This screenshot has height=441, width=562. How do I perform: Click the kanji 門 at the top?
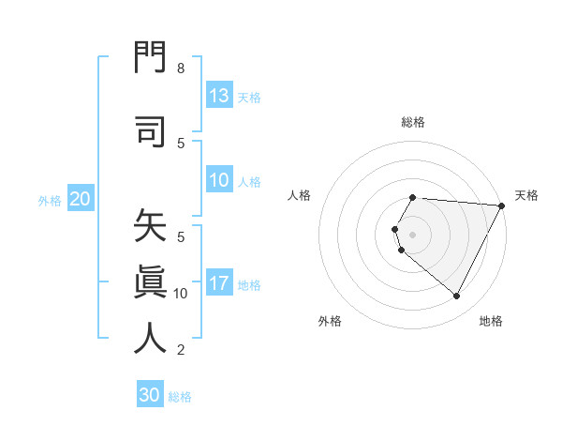[150, 59]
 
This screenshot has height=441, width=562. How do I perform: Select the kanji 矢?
[150, 228]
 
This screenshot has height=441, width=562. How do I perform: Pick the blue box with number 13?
[219, 96]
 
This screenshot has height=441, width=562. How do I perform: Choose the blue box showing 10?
[219, 181]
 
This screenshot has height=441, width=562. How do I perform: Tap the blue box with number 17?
[219, 284]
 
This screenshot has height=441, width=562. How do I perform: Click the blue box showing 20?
[80, 199]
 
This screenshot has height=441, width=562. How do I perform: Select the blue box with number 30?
[150, 395]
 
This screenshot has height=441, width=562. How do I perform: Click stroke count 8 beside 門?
[181, 68]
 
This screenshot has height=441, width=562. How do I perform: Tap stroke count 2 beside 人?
[181, 350]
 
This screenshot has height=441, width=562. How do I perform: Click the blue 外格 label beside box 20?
[50, 200]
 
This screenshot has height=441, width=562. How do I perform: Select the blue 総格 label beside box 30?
[180, 397]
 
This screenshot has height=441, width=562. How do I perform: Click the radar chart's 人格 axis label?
[300, 195]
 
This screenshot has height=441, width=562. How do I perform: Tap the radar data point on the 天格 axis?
[502, 205]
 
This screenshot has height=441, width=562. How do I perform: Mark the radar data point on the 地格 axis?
[457, 297]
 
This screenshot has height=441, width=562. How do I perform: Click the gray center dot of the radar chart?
[412, 235]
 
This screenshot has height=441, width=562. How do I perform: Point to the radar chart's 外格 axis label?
[330, 321]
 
